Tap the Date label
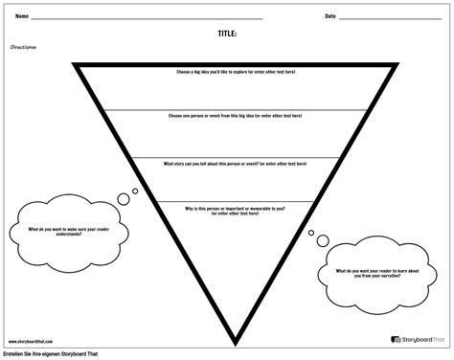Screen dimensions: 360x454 [x=330, y=16]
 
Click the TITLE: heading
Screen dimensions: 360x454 [x=227, y=33]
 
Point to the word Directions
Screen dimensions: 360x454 [x=23, y=45]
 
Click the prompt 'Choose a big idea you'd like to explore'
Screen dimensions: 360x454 [x=236, y=72]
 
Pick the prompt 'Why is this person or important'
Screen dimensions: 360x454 [x=235, y=208]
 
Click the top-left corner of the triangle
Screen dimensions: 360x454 [x=74, y=63]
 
